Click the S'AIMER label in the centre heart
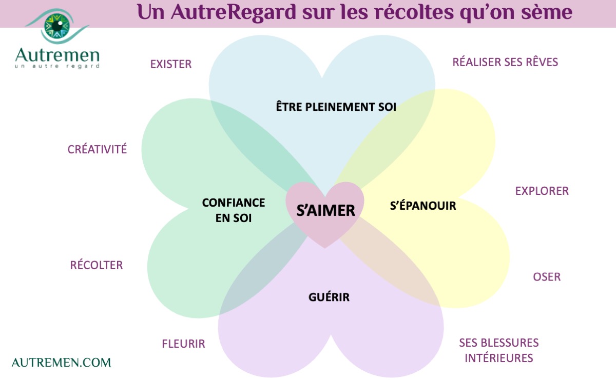point(325,210)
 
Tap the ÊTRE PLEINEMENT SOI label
point(336,107)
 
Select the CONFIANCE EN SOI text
point(234,210)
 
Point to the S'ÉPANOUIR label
point(423,206)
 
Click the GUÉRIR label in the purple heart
point(329,297)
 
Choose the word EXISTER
point(171,64)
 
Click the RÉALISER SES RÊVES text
point(505,62)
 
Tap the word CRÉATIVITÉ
point(97,149)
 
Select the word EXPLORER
point(542,191)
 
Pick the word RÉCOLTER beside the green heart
point(97,265)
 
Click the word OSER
point(547,277)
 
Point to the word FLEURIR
point(183,344)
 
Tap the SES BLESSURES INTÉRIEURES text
point(499,350)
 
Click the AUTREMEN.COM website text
point(61,363)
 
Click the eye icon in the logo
point(57,26)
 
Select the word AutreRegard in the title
point(234,13)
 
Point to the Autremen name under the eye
point(57,55)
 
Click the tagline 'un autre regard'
point(57,66)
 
